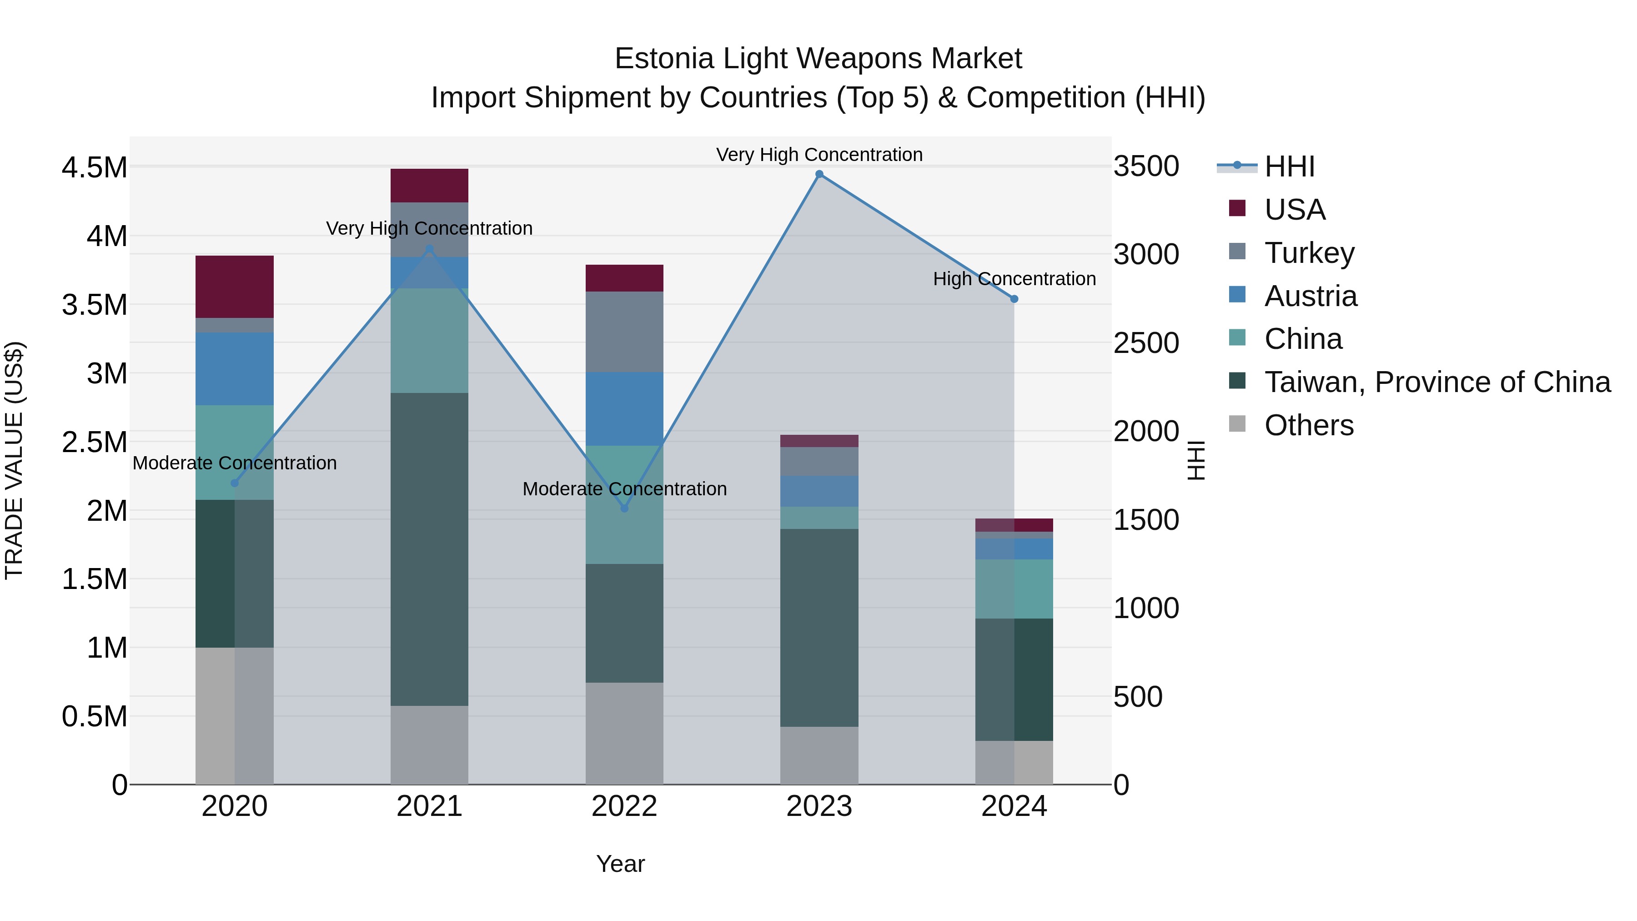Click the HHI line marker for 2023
819,174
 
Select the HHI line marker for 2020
235,483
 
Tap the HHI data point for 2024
1014,299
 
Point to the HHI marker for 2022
624,508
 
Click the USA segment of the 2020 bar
235,287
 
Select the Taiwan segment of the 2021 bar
429,549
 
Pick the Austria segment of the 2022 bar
624,409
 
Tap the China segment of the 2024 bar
1014,589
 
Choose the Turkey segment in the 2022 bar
624,332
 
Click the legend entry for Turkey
1309,253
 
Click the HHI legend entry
1289,166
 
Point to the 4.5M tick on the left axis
94,168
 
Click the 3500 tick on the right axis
1146,166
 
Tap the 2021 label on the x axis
429,806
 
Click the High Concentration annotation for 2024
1014,279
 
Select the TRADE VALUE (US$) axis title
14,460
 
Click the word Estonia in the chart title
665,59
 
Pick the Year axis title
620,864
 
